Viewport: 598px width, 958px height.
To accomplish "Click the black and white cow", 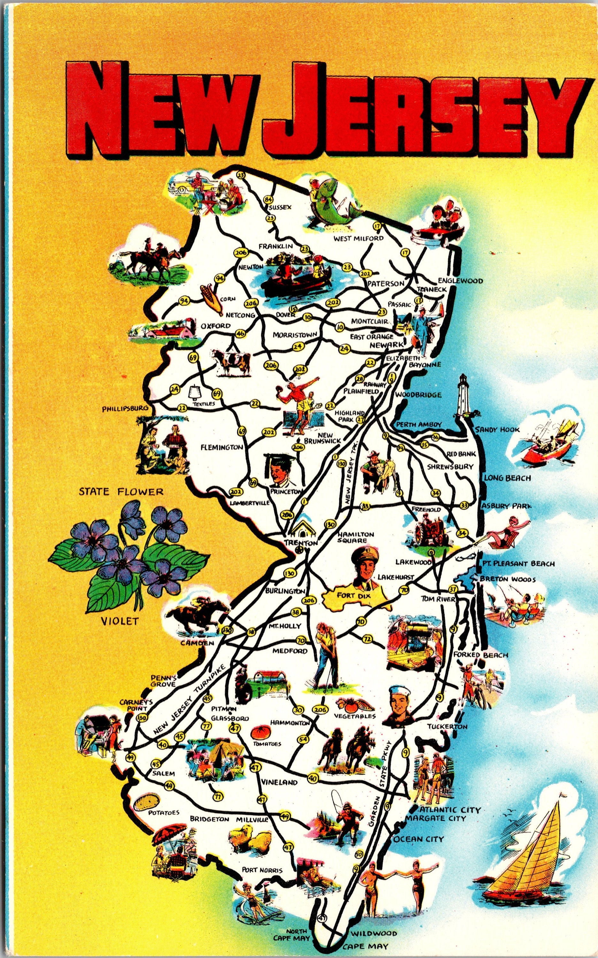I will [232, 362].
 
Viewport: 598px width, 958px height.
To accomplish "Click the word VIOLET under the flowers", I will [120, 621].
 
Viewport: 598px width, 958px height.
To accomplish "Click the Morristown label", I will [295, 335].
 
